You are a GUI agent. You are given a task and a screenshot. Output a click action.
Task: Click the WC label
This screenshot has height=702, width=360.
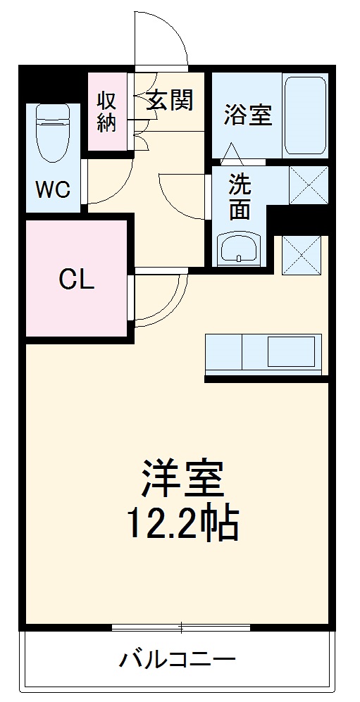54,189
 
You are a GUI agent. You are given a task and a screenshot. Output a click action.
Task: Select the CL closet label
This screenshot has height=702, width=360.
76,280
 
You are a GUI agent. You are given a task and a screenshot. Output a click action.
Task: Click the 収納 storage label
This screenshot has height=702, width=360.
107,112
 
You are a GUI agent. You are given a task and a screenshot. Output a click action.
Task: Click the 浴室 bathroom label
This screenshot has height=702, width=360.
247,115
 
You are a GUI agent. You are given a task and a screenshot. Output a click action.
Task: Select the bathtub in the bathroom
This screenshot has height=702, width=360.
304,115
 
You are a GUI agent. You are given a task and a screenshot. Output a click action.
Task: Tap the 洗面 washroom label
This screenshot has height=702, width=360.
240,198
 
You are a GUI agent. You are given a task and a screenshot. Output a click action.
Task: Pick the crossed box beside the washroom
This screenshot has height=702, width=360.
309,185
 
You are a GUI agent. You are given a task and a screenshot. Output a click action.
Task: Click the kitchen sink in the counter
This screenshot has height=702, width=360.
290,351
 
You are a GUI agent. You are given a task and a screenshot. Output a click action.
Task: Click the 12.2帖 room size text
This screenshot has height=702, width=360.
182,524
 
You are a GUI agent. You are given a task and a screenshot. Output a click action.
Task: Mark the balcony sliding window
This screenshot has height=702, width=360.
181,626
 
